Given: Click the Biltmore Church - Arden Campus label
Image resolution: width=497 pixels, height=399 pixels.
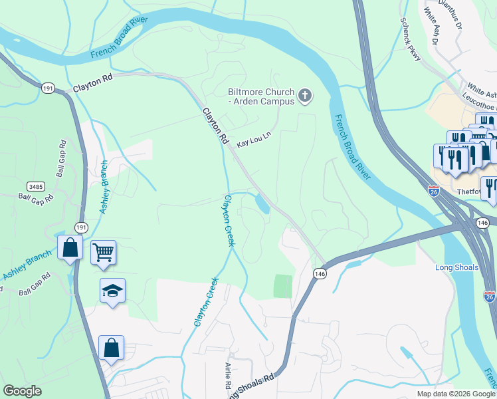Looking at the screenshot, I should (x=260, y=97).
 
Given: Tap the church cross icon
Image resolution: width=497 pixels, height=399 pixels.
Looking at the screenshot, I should (x=306, y=97).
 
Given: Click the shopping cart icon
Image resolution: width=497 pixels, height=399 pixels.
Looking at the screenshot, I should (x=103, y=252).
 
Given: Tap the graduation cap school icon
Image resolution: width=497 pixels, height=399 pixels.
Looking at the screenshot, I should (x=113, y=290).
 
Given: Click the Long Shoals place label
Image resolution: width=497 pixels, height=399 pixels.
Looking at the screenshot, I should (x=456, y=267).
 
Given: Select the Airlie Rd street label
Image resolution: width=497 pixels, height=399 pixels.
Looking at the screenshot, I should (x=227, y=376).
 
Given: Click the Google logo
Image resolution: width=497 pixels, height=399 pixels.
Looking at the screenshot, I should (x=23, y=391).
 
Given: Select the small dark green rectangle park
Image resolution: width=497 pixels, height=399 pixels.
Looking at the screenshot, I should (x=283, y=286).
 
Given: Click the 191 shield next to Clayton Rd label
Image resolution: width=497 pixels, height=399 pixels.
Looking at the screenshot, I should (x=47, y=87).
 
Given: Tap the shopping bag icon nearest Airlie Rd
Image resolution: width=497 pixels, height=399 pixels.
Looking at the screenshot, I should (x=111, y=348).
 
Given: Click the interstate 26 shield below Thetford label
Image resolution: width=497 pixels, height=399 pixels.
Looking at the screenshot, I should (x=490, y=295).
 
